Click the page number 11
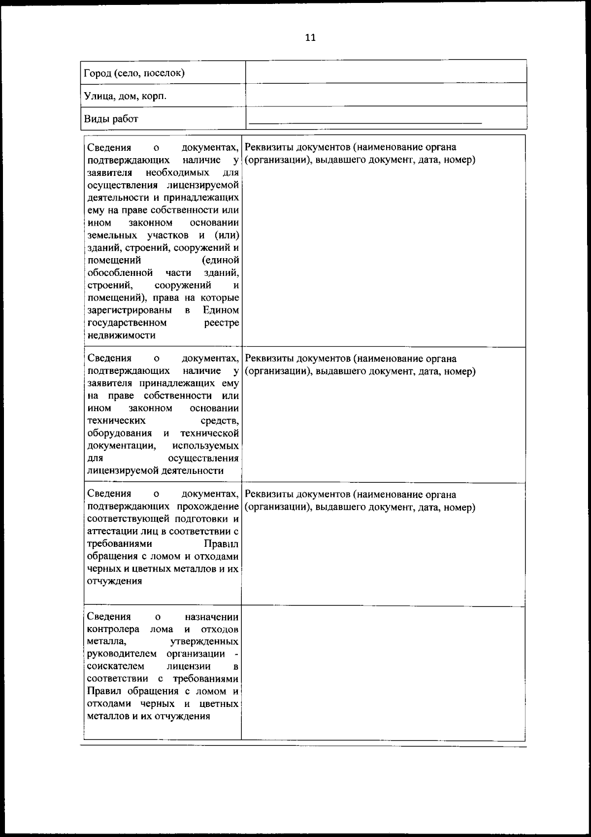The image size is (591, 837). click(x=310, y=38)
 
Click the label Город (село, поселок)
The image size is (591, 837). click(x=134, y=73)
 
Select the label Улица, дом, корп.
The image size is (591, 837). click(x=125, y=96)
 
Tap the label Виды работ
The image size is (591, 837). click(x=111, y=119)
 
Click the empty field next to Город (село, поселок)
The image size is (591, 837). click(x=386, y=72)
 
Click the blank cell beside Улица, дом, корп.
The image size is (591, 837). click(x=386, y=95)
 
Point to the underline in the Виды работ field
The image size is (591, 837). click(x=365, y=122)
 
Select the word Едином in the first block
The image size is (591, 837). click(x=221, y=310)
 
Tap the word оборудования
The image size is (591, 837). click(x=119, y=433)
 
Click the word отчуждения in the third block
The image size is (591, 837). click(x=114, y=581)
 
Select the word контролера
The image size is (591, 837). click(x=111, y=629)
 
